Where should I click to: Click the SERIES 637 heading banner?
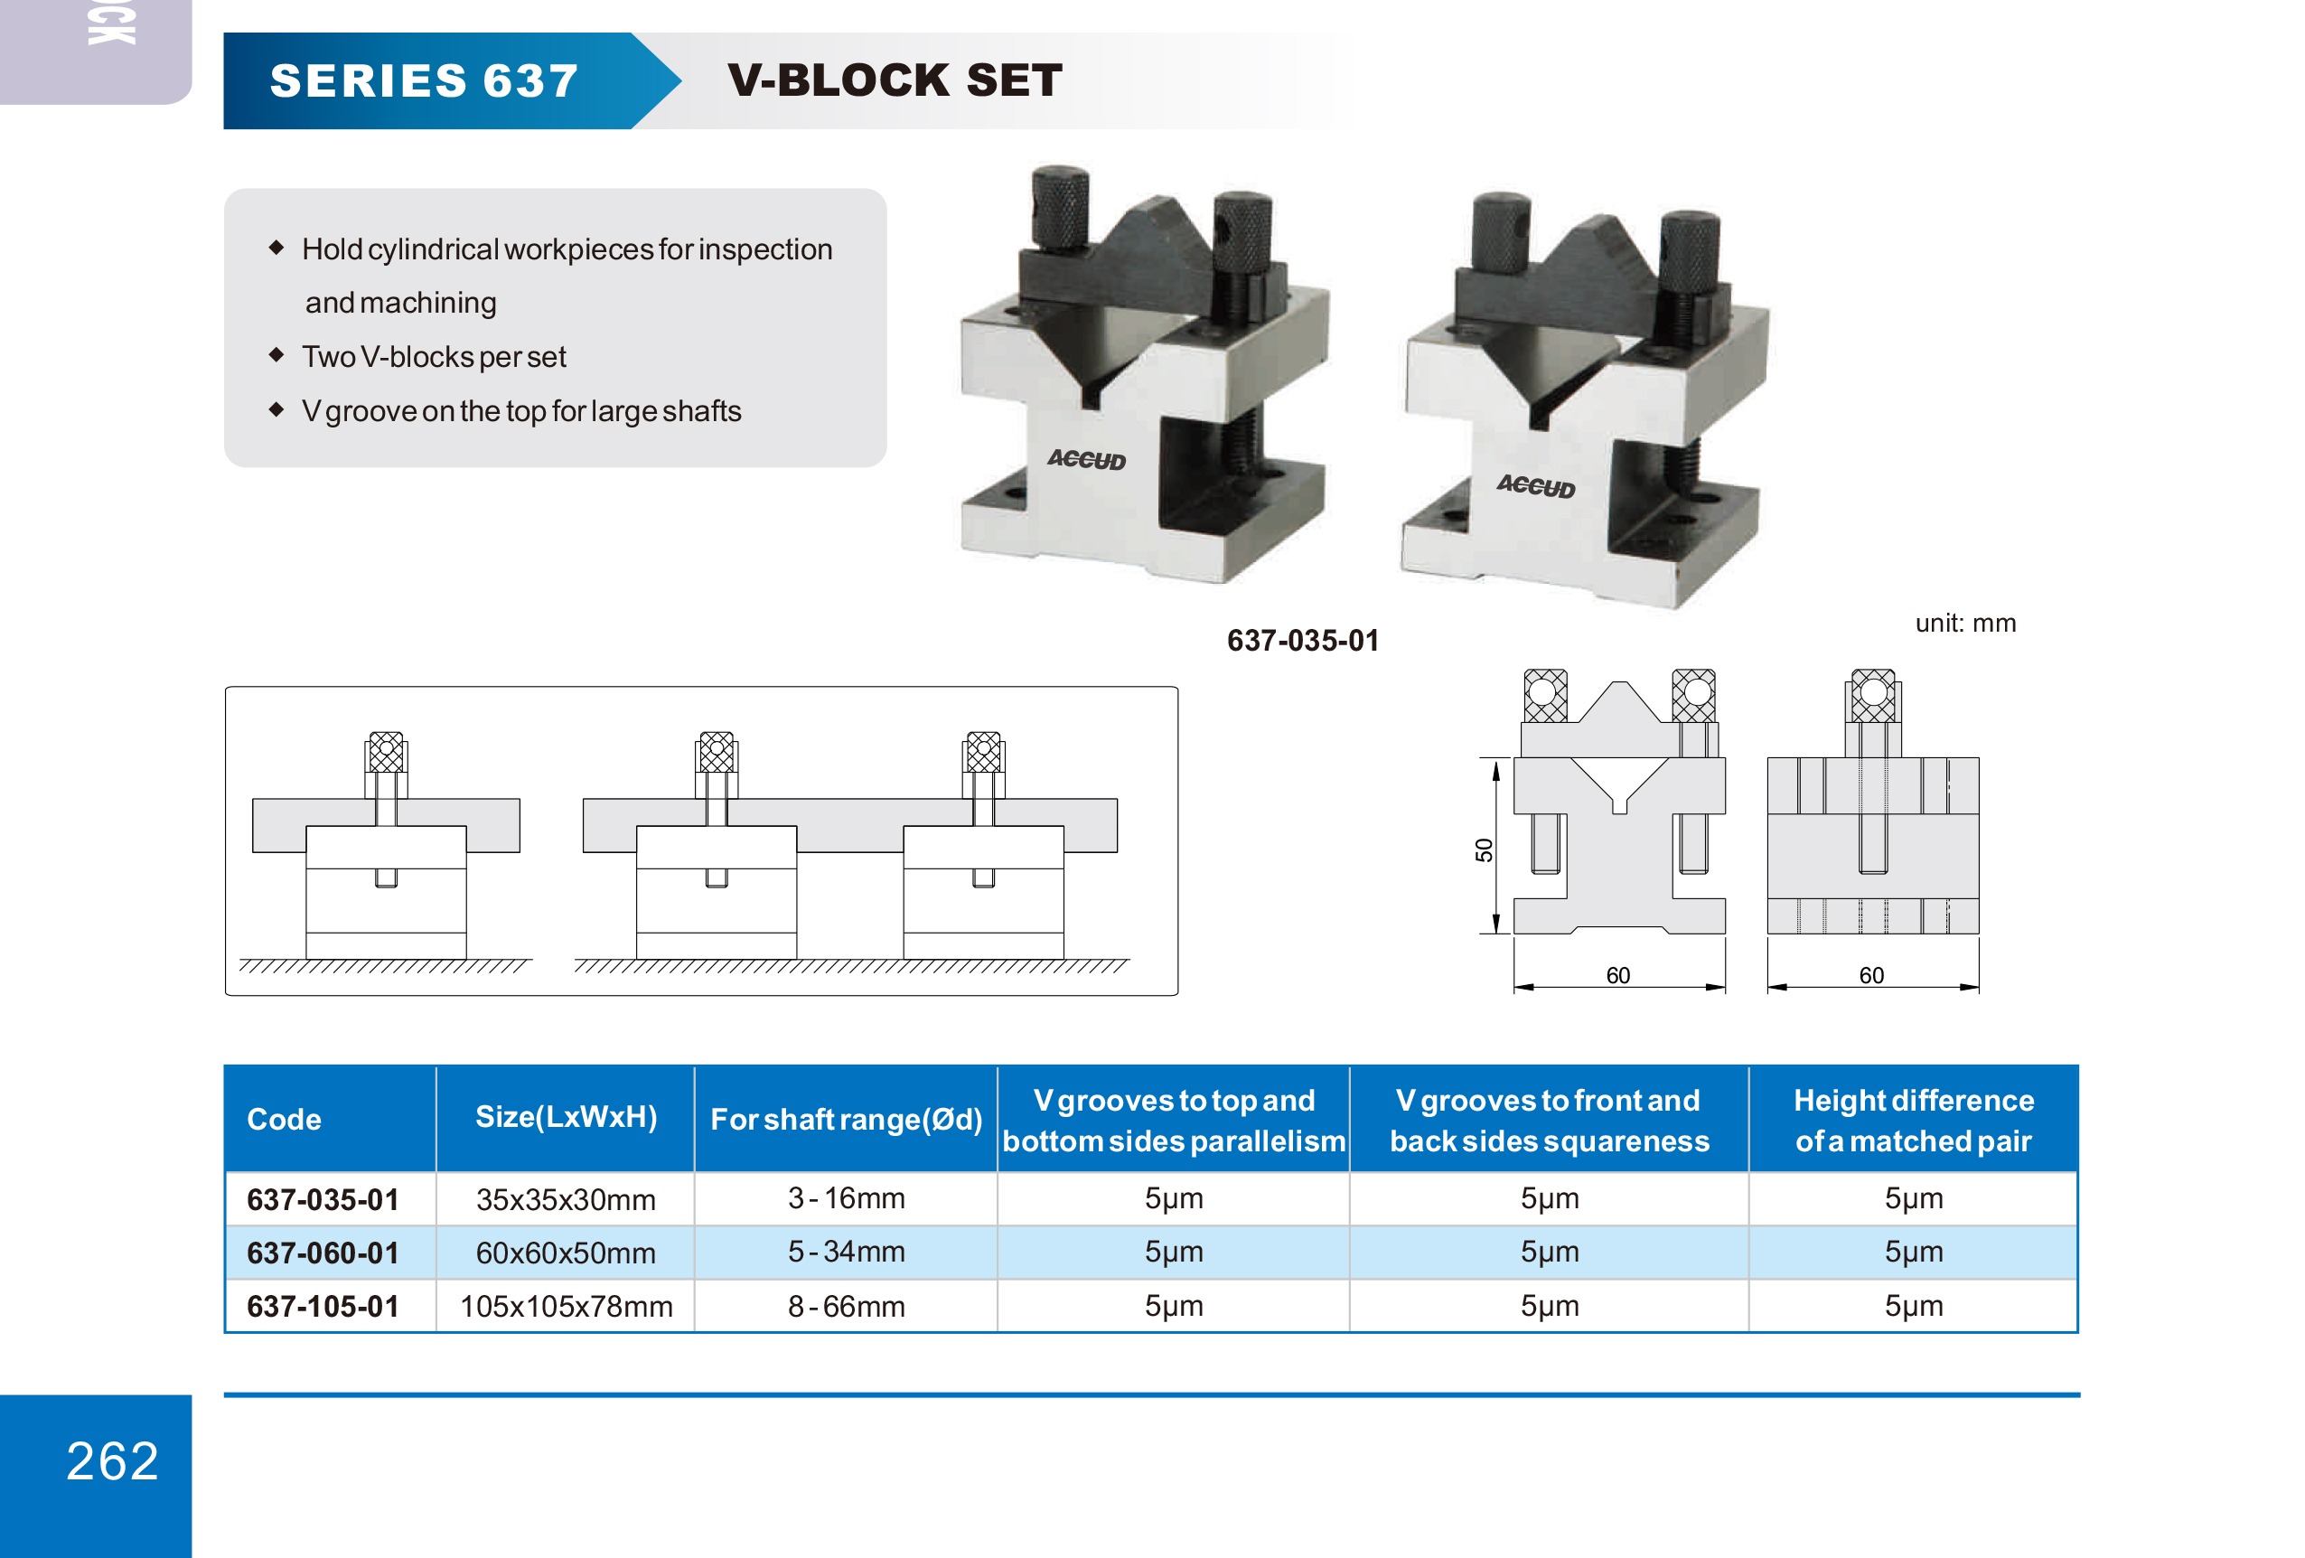point(425,81)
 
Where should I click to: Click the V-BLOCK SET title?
point(895,80)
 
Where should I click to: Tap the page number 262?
point(112,1460)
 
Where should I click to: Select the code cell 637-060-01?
point(323,1253)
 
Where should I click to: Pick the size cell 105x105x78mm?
point(566,1306)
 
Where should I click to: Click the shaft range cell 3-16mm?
point(846,1198)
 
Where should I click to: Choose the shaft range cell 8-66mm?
point(846,1306)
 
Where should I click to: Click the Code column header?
point(284,1120)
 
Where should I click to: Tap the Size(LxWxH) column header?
point(566,1118)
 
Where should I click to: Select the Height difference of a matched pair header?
point(1913,1120)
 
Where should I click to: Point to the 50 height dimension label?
point(1484,849)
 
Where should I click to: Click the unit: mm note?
point(1964,623)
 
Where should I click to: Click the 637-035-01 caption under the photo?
point(1302,641)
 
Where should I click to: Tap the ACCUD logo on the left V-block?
point(1086,459)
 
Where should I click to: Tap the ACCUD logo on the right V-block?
point(1535,486)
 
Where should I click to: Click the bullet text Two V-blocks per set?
point(434,357)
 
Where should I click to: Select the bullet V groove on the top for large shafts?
point(520,410)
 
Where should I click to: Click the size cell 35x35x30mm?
point(566,1200)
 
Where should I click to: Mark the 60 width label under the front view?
point(1617,975)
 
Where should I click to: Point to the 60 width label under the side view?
point(1870,975)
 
